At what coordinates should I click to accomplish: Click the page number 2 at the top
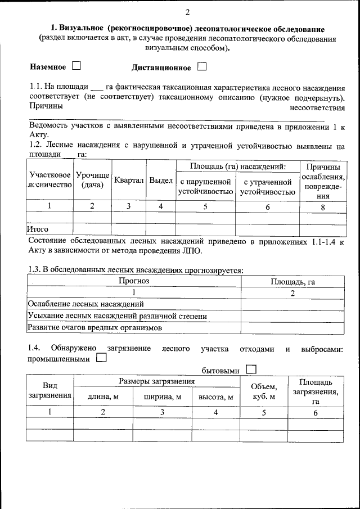coord(188,12)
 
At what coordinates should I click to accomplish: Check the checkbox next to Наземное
coord(76,67)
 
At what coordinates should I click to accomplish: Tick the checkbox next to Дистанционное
coord(202,67)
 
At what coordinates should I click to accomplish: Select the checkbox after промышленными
coord(101,358)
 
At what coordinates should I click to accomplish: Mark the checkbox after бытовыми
coord(251,370)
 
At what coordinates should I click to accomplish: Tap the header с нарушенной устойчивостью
coord(205,187)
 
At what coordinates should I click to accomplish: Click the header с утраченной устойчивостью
coord(267,187)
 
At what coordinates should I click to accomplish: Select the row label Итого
coord(38,229)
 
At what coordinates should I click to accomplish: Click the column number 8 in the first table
coord(322,206)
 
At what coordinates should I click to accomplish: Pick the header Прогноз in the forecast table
coord(134,281)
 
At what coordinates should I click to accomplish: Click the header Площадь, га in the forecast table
coord(292,281)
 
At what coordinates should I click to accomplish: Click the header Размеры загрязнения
coord(156,381)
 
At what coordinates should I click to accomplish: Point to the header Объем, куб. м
coord(264,391)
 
